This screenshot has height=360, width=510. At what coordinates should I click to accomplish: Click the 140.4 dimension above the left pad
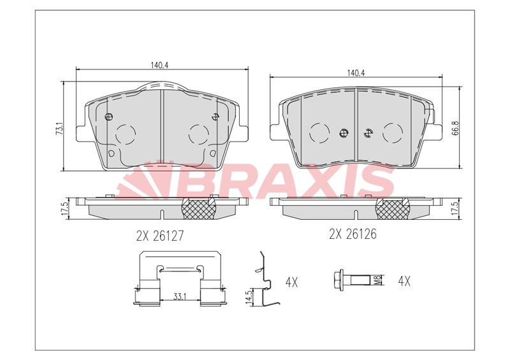pyautogui.click(x=159, y=65)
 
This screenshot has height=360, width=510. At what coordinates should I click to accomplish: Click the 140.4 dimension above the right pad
pyautogui.click(x=356, y=73)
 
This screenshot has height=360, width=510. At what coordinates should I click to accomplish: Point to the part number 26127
pyautogui.click(x=169, y=236)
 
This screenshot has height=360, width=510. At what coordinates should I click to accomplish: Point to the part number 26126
pyautogui.click(x=361, y=234)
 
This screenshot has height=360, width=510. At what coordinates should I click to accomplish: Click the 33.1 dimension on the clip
pyautogui.click(x=179, y=296)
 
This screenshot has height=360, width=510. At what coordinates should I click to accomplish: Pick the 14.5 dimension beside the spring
pyautogui.click(x=250, y=296)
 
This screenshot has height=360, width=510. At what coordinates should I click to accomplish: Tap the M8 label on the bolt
pyautogui.click(x=377, y=280)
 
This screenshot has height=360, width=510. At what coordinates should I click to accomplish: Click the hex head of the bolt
pyautogui.click(x=338, y=280)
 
